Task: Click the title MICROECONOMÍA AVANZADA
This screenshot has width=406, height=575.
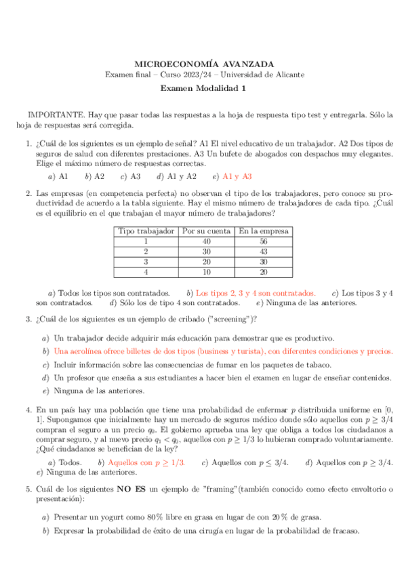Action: pyautogui.click(x=203, y=62)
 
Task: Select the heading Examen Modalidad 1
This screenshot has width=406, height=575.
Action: pyautogui.click(x=203, y=88)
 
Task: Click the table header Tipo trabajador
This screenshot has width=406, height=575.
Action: pyautogui.click(x=146, y=231)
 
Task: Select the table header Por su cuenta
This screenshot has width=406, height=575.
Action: pyautogui.click(x=206, y=231)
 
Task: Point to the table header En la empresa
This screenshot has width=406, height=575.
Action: pyautogui.click(x=263, y=231)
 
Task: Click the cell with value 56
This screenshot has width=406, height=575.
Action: pyautogui.click(x=263, y=241)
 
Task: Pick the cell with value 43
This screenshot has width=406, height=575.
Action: pyautogui.click(x=263, y=251)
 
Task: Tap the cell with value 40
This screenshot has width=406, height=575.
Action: pyautogui.click(x=206, y=241)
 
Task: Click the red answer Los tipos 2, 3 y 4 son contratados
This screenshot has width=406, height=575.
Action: pyautogui.click(x=256, y=292)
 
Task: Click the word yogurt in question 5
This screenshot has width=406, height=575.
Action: pyautogui.click(x=104, y=517)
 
